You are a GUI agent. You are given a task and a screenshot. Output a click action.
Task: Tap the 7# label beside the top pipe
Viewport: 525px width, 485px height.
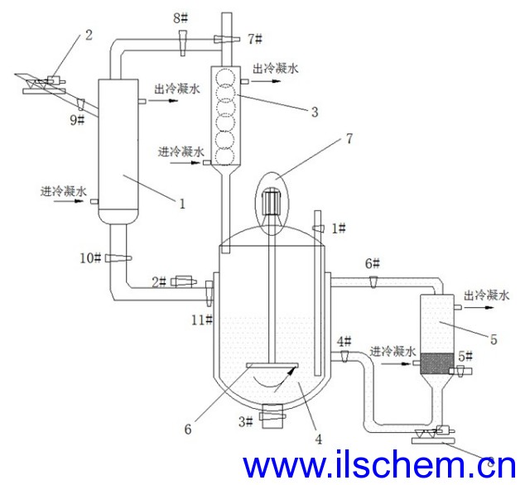[x=255, y=39]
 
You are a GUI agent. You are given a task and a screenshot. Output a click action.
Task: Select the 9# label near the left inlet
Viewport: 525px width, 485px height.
[x=77, y=120]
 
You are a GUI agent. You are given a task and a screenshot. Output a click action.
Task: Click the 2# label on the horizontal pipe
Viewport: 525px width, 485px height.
[x=160, y=282]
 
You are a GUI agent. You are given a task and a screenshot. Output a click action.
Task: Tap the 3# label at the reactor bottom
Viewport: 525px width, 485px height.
[x=245, y=421]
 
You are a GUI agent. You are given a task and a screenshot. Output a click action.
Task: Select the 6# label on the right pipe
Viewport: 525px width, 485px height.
[x=372, y=263]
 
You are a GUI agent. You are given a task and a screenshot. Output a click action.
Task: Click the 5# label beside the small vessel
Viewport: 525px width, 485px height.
[x=465, y=356]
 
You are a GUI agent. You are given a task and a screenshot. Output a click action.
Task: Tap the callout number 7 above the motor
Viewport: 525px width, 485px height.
[x=349, y=138]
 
